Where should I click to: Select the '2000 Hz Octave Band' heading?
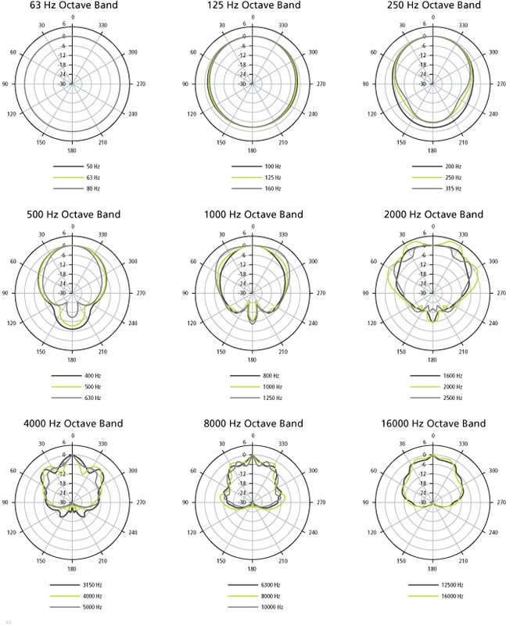431,214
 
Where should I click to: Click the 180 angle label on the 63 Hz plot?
72,151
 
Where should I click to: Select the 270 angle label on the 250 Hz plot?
500,84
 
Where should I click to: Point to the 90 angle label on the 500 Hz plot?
5,293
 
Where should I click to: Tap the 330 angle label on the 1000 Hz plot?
286,234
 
